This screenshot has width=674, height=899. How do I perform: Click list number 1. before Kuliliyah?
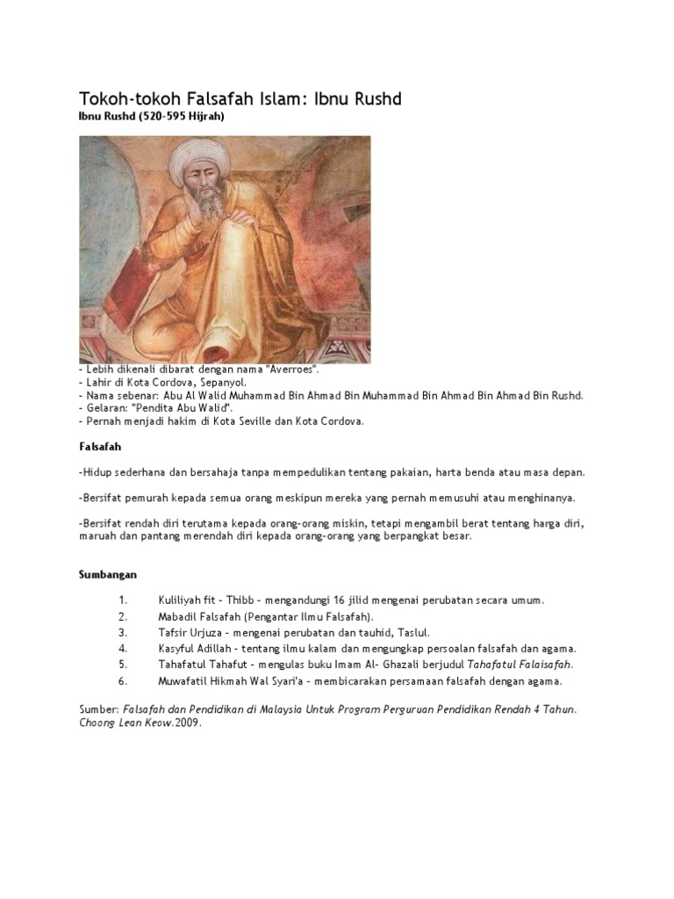124,601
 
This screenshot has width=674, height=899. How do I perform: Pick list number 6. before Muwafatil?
124,680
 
